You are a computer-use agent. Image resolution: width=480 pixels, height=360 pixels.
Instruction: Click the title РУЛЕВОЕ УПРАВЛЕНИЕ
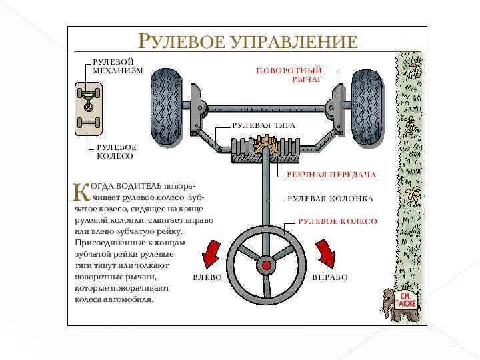[x=247, y=41]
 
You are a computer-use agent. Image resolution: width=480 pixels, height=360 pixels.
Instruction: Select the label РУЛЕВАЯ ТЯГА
[x=263, y=125]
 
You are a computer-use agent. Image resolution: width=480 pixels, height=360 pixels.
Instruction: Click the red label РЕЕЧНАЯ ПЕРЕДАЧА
[x=331, y=175]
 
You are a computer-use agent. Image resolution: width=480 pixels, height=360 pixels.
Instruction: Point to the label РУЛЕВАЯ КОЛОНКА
[x=330, y=199]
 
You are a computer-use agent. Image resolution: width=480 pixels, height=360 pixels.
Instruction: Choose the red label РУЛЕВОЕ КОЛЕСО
[x=337, y=221]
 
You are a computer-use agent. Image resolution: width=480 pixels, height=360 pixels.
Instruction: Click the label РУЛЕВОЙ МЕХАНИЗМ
[x=117, y=66]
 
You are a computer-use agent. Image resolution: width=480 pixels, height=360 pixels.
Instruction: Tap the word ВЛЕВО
[x=207, y=277]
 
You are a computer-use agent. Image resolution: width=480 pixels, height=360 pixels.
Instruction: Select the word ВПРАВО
[x=330, y=277]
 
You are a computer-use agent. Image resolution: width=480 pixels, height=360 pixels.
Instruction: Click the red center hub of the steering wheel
[x=267, y=265]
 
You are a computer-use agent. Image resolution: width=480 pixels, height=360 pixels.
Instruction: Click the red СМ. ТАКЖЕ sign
[x=405, y=299]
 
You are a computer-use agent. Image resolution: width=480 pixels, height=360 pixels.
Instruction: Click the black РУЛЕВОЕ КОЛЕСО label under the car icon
[x=116, y=151]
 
